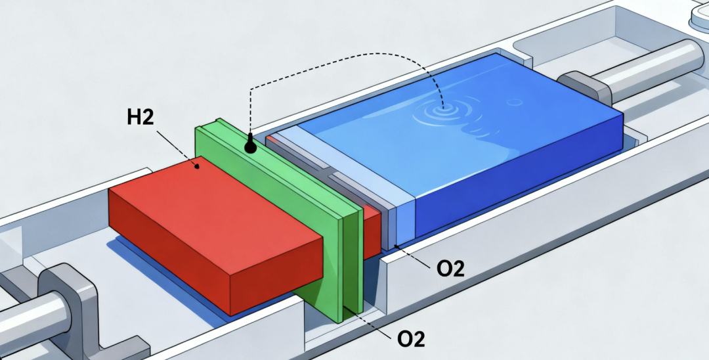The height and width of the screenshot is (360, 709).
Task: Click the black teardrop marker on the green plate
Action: pos(250,145)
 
